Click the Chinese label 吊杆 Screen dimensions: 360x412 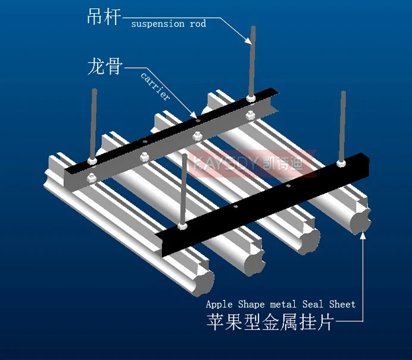pos(104,15)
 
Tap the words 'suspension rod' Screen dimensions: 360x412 pos(168,24)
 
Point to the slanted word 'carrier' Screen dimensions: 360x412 pos(155,86)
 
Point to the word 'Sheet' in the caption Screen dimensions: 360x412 pos(342,304)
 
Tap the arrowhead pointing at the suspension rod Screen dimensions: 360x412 pos(248,40)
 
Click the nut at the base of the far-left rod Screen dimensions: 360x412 pos(92,160)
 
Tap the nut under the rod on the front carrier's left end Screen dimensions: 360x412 pos(182,226)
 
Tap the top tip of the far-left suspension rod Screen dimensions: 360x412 pos(94,90)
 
